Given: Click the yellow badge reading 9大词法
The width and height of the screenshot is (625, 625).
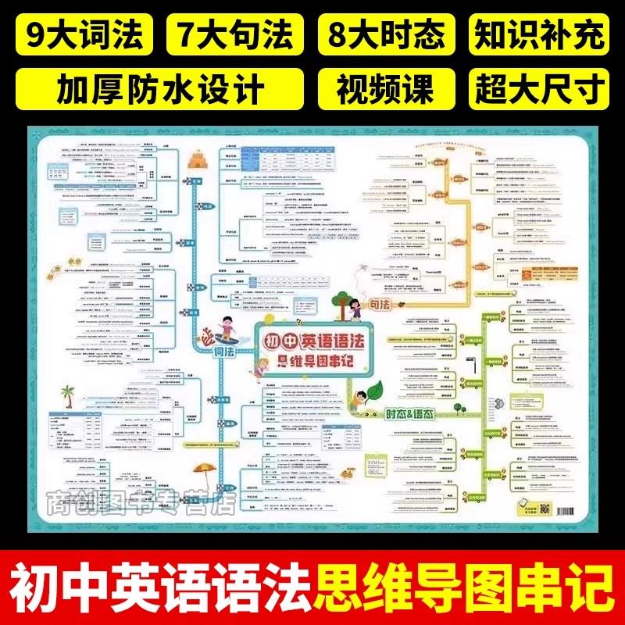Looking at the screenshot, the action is (x=84, y=35).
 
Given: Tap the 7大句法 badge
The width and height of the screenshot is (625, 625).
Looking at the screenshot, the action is (x=237, y=35).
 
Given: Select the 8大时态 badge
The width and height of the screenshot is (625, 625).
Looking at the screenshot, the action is (x=388, y=35).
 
